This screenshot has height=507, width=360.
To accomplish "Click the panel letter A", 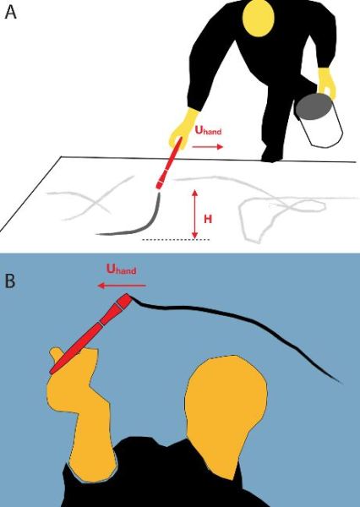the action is coord(10,14).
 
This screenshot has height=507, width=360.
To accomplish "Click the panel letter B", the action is coord(10,281).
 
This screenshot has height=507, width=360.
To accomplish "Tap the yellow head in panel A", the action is coord(258,19).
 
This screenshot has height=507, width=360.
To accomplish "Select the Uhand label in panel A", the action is coord(209,130).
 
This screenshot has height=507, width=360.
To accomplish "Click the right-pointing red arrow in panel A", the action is coord(208,147).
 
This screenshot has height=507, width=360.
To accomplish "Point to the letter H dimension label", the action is coord(208,219).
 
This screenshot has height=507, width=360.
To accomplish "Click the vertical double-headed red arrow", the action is coord(194,214).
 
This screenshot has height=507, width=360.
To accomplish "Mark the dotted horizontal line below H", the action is coord(177,240).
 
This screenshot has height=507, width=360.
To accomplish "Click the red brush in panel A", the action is coord(169,163).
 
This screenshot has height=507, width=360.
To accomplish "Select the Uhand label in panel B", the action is coord(122,269).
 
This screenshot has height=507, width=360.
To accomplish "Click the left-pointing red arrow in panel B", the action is coord(123,286).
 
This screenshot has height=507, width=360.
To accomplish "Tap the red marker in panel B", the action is coord(90,334).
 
